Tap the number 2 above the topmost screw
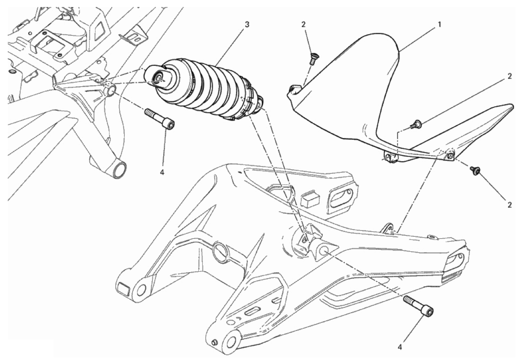point(303,25)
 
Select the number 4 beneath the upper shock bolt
point(162,173)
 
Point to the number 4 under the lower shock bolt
point(400,354)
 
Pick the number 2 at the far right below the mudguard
point(510,205)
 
